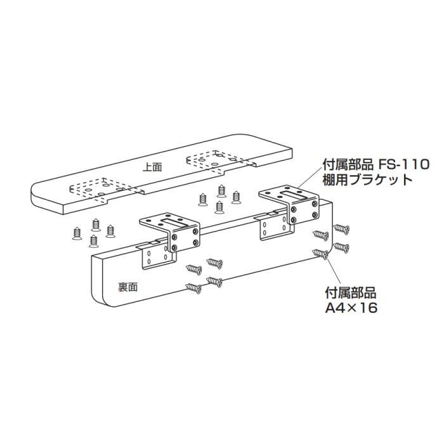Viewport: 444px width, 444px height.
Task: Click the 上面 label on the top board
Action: pos(152,167)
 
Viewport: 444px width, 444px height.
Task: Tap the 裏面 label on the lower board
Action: pos(127,287)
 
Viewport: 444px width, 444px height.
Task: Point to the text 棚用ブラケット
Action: pos(367,179)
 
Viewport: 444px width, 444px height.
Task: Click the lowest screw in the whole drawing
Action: pos(193,288)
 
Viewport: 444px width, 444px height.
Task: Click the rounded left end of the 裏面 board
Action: pos(98,279)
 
